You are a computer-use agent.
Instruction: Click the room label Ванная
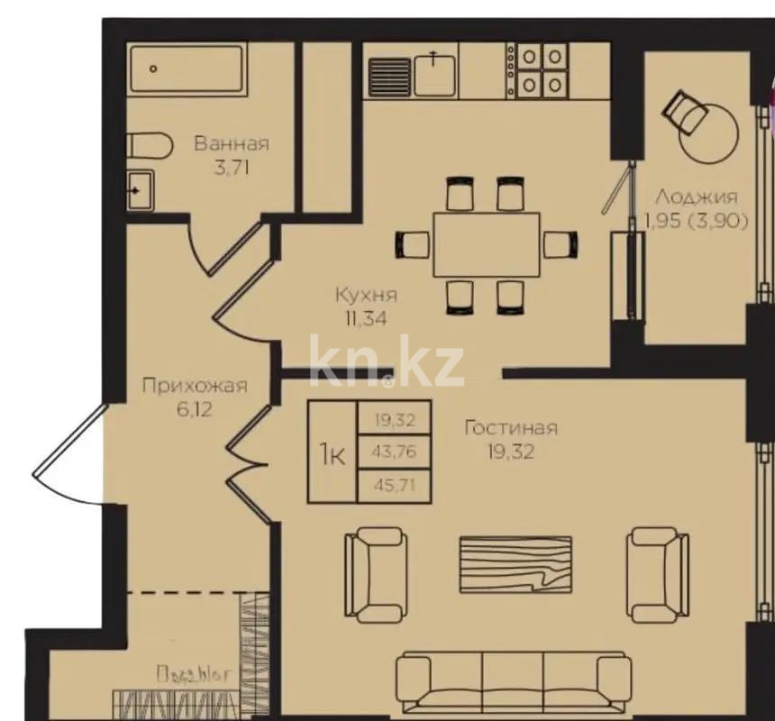tap(231, 143)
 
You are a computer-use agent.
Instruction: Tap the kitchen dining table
tap(487, 244)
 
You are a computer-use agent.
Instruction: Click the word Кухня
tap(366, 295)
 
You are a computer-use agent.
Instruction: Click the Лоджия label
tap(696, 196)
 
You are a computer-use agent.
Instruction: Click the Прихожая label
tap(195, 387)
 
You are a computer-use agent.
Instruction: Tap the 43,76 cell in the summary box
tap(395, 452)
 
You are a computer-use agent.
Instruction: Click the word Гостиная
tap(510, 428)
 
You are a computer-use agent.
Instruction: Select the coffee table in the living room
tap(515, 564)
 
